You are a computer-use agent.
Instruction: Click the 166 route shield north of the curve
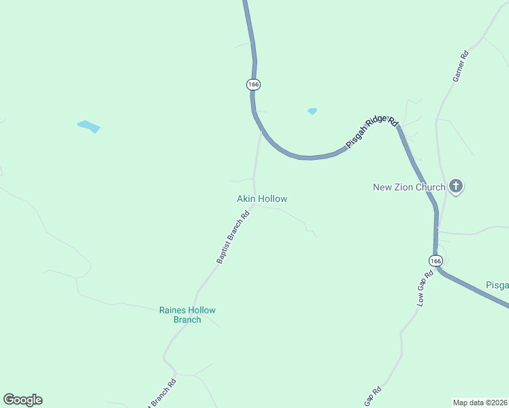tap(253, 84)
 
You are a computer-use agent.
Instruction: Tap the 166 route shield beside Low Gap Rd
tap(436, 260)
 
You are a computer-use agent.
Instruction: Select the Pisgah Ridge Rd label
tap(372, 132)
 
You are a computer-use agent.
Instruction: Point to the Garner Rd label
tap(461, 67)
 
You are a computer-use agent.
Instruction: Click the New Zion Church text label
tap(409, 187)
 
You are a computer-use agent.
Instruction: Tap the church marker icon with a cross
tap(456, 186)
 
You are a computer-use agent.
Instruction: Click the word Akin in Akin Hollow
tap(246, 199)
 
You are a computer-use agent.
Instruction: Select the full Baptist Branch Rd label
tap(233, 237)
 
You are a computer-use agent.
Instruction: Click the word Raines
tap(173, 310)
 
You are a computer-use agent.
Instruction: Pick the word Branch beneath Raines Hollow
tap(187, 320)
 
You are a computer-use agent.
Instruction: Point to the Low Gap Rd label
tap(425, 289)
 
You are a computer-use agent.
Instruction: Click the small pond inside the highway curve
tap(312, 111)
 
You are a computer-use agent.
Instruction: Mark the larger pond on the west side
tap(89, 126)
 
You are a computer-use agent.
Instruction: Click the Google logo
tap(22, 400)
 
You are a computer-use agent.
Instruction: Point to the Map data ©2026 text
tap(480, 402)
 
